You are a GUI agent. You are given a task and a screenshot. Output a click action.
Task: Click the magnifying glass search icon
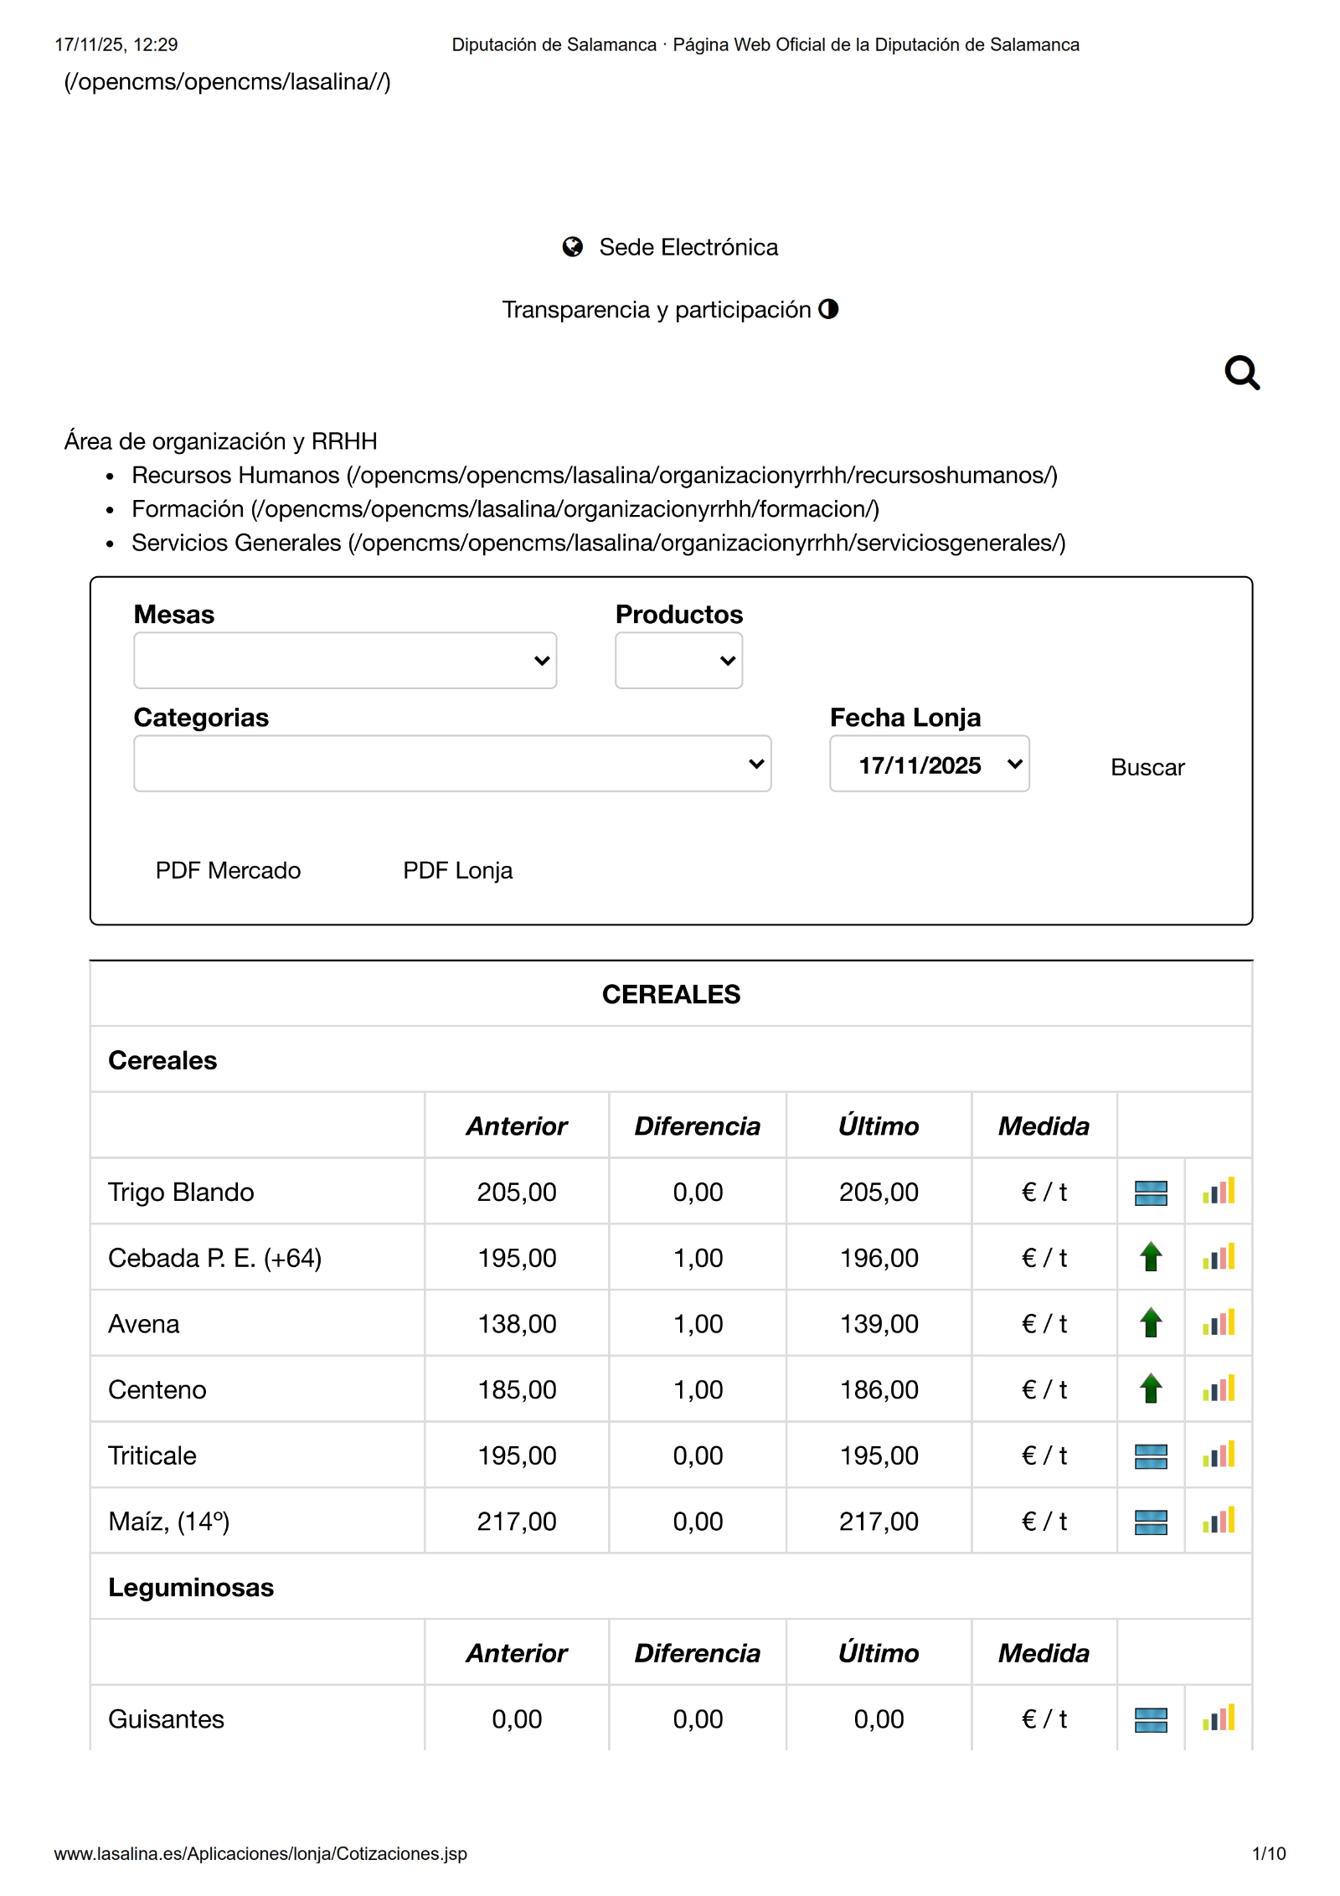[x=1241, y=373]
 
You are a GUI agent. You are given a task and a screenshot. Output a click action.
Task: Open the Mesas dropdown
[x=344, y=661]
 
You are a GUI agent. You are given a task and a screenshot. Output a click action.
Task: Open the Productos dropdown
[x=678, y=661]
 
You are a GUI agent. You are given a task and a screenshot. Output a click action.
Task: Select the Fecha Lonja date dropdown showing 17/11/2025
[x=929, y=764]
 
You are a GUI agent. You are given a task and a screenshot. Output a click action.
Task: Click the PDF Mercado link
[x=228, y=870]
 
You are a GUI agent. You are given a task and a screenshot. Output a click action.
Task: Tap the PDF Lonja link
[x=457, y=870]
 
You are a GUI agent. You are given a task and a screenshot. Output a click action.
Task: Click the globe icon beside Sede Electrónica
[x=573, y=247]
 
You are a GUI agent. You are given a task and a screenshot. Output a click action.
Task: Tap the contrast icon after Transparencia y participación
[x=828, y=309]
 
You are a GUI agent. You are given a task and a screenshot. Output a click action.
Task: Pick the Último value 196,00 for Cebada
[x=879, y=1258]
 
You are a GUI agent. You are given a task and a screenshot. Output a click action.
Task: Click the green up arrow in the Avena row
[x=1151, y=1323]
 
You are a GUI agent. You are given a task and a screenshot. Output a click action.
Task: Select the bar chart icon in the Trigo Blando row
[x=1219, y=1192]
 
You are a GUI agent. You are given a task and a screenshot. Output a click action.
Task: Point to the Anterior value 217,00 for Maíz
[x=517, y=1521]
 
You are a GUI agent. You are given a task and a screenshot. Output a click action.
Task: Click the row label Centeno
[x=157, y=1389]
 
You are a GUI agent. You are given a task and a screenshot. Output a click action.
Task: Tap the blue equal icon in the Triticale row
[x=1151, y=1455]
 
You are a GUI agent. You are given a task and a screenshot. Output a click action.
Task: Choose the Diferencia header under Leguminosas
[x=697, y=1653]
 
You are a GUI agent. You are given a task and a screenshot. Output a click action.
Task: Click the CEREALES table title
[x=671, y=994]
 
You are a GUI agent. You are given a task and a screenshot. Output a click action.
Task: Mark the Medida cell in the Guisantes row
[x=1044, y=1718]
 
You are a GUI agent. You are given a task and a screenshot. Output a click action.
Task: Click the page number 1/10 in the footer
[x=1268, y=1853]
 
